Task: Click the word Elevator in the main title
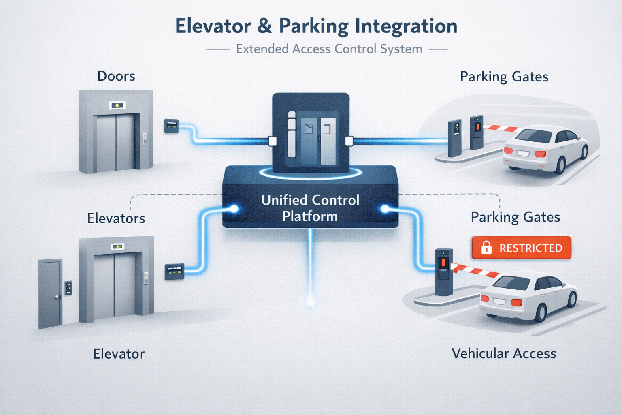click(x=213, y=26)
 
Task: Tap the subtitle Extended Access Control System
click(x=329, y=49)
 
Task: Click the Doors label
click(x=116, y=76)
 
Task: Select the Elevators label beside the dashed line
click(x=116, y=218)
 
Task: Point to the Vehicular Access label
click(x=504, y=353)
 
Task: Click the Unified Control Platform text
click(x=310, y=208)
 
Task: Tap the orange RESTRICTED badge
click(x=522, y=248)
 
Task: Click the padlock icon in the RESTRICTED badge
click(x=486, y=248)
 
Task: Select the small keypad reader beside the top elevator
click(x=171, y=126)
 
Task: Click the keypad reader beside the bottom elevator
click(x=175, y=272)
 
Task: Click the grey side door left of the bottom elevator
click(x=50, y=294)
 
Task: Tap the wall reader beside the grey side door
click(x=68, y=288)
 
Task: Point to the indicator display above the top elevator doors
click(x=117, y=105)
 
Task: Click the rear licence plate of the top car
click(x=523, y=153)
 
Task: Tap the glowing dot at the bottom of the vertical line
click(x=310, y=302)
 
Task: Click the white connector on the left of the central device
click(x=273, y=141)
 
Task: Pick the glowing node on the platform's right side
click(x=385, y=209)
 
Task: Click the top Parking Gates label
click(x=504, y=77)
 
